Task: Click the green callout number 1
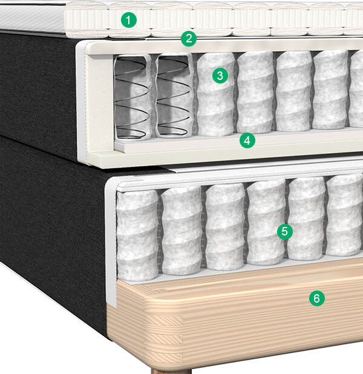point(129,20)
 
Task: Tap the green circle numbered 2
point(189,38)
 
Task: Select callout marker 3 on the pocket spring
point(220,76)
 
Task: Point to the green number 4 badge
point(247,140)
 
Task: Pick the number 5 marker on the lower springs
point(285,231)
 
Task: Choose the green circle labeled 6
point(317,298)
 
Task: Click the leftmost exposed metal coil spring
point(131,98)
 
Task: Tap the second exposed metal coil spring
point(174,97)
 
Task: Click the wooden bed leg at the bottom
point(171,372)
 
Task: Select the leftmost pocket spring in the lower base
point(137,235)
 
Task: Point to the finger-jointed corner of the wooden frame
point(164,334)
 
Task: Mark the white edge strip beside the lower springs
point(111,241)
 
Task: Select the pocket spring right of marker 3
point(255,92)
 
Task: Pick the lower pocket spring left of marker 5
point(266,222)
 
